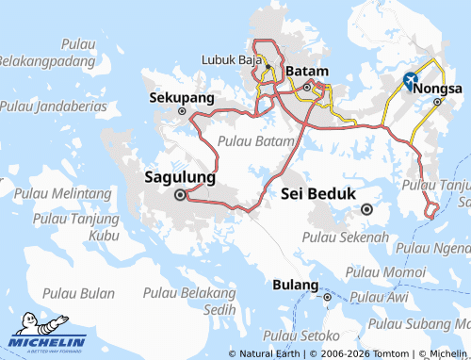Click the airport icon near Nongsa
coord(412,80)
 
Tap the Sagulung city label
coord(180,177)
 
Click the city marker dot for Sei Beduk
coord(367,209)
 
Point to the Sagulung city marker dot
coord(179,195)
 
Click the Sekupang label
coord(182,97)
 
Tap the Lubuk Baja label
coord(231,59)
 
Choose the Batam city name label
coord(306,72)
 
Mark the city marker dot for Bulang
coord(327,297)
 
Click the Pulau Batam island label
coord(250,140)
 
